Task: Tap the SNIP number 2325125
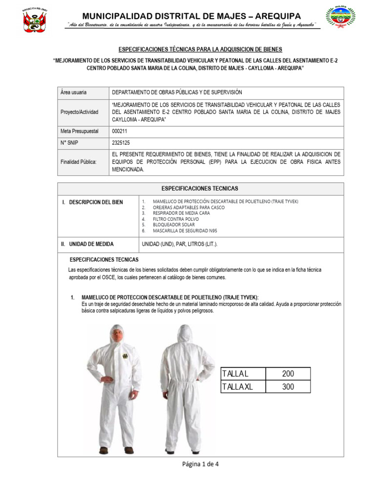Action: click(122, 143)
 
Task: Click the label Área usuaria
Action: click(73, 92)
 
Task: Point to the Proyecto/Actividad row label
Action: click(79, 112)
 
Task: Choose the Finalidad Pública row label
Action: click(78, 162)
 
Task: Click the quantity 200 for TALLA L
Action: click(288, 374)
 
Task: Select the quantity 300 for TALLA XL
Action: click(288, 386)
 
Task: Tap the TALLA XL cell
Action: click(243, 386)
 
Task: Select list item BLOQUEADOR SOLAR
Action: click(176, 225)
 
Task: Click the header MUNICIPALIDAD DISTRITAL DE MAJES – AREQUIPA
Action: click(191, 16)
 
